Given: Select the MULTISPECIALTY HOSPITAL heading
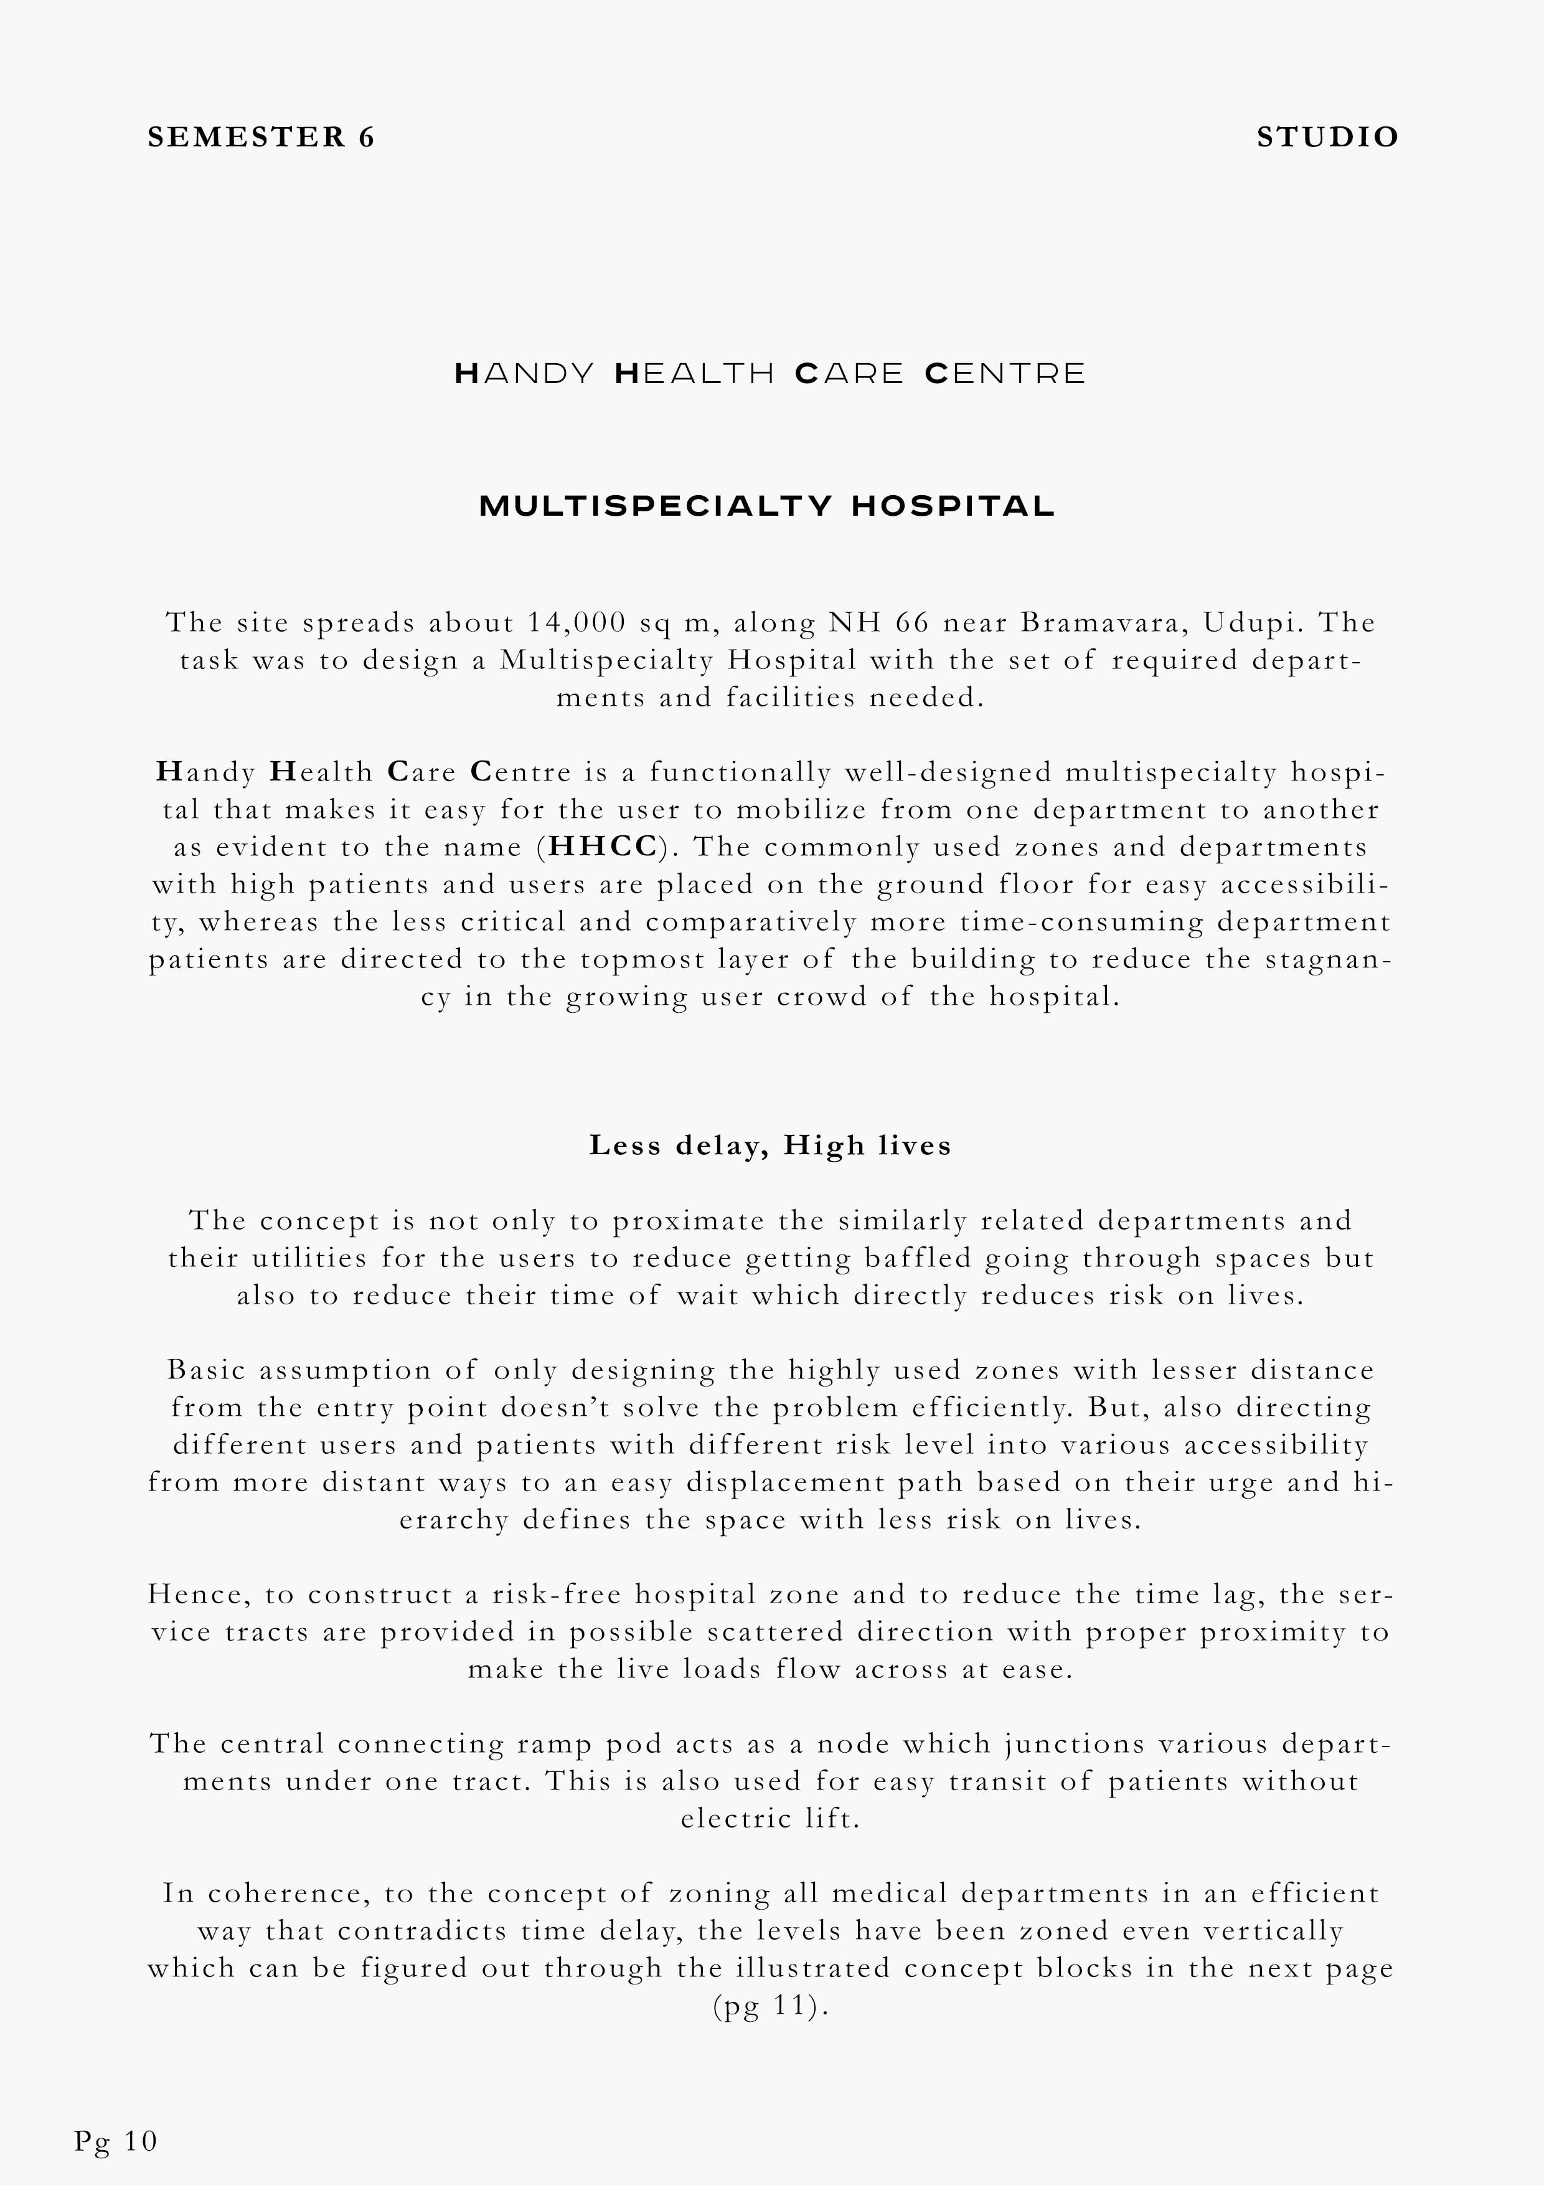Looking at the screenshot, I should tap(767, 506).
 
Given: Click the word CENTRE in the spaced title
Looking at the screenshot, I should tap(1004, 373).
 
